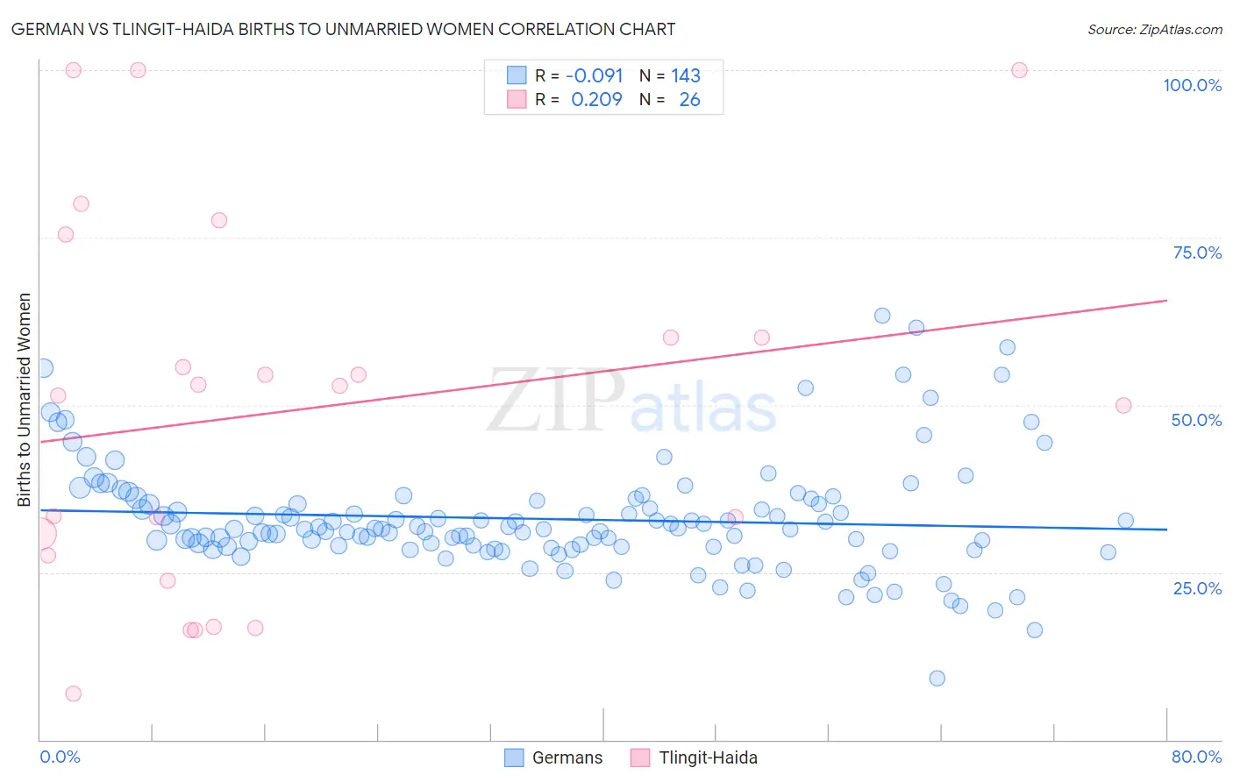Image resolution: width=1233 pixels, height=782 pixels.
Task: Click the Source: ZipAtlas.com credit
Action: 1154,29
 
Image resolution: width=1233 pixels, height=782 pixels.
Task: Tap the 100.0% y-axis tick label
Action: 1192,85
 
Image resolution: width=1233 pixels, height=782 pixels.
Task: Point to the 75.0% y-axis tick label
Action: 1197,252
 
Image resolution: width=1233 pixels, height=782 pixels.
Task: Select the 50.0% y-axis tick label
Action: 1196,420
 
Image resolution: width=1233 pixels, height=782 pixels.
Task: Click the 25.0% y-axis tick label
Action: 1197,587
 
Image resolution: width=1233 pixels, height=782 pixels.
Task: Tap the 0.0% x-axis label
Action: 60,757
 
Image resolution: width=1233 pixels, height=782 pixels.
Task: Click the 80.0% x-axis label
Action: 1196,757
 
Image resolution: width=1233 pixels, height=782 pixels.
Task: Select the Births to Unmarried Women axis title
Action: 24,400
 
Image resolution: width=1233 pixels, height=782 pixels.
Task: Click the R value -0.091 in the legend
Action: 595,75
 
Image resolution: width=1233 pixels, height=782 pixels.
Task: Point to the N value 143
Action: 686,75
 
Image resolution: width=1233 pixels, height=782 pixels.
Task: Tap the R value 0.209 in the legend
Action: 596,99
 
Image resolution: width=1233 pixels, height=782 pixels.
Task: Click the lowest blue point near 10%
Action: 937,678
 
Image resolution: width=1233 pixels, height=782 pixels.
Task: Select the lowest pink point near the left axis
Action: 74,693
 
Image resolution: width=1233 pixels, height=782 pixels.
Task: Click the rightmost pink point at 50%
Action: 1123,405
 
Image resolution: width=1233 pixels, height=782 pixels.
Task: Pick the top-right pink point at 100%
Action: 1019,70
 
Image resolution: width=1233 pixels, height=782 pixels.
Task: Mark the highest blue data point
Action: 882,316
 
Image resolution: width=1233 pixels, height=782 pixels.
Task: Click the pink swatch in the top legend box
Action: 517,99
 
